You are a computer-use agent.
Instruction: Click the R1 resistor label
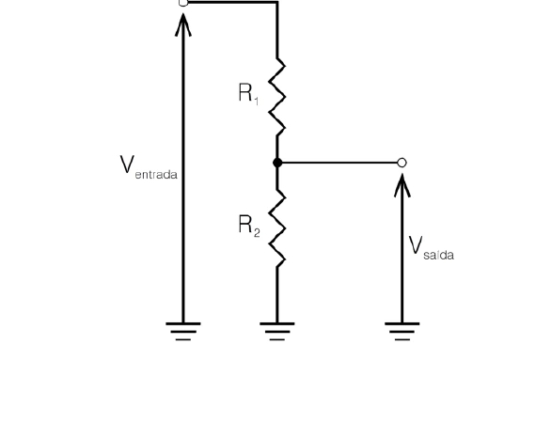(248, 93)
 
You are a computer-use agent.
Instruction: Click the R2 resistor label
(249, 226)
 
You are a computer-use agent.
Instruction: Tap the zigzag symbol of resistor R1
(277, 97)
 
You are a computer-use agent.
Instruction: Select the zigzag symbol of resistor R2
(277, 227)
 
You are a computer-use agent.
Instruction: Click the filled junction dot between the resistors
(277, 163)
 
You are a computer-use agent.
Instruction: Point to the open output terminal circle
(402, 163)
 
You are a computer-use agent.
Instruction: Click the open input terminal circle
(183, 3)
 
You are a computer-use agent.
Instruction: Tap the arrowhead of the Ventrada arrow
(183, 24)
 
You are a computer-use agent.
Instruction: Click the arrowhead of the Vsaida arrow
(402, 185)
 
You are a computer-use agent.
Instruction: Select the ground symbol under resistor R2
(277, 332)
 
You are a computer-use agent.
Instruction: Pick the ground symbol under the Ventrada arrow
(183, 332)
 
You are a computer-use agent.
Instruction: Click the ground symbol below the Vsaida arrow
(402, 332)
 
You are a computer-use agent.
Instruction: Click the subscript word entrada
(156, 175)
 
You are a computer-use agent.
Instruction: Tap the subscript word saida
(438, 255)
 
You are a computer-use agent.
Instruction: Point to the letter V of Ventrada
(127, 164)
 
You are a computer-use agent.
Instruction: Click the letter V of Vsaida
(416, 245)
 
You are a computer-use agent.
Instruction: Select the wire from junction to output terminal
(339, 163)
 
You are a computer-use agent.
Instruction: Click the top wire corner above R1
(277, 2)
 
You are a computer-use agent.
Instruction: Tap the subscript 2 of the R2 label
(257, 232)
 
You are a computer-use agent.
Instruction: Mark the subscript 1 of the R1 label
(257, 101)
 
